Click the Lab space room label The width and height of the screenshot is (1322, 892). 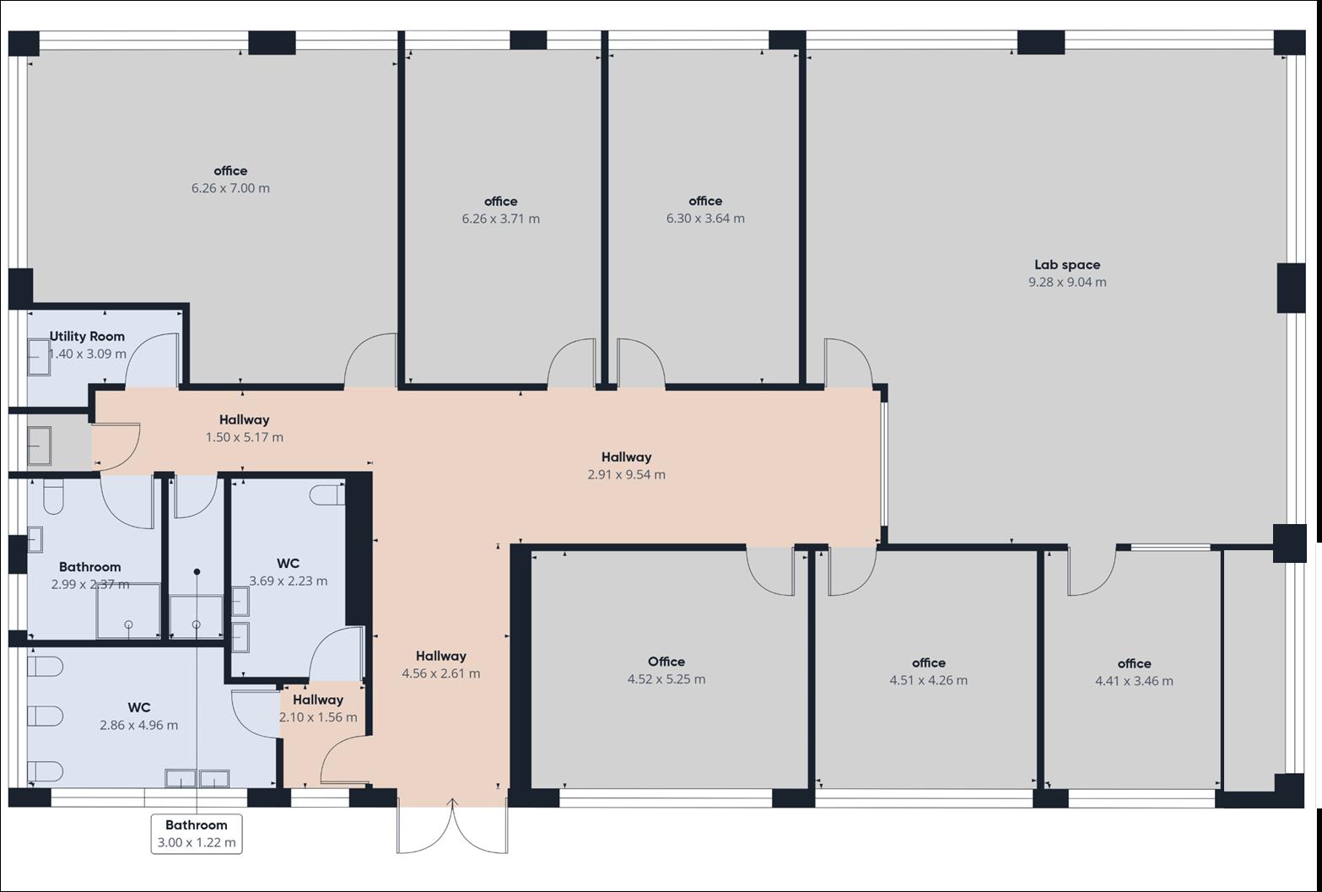[1067, 265]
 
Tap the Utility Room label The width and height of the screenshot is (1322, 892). [88, 337]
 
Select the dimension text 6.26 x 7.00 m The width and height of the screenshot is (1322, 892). [231, 188]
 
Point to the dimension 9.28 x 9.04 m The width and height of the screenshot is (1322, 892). [1067, 282]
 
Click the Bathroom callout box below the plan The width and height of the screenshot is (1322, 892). [197, 834]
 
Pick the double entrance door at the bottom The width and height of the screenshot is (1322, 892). [452, 825]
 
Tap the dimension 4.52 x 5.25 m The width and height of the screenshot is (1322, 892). [666, 678]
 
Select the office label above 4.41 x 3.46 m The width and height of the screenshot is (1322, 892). [1134, 663]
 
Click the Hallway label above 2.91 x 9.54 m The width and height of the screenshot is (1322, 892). [626, 457]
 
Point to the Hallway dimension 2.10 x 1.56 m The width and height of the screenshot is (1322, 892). [318, 717]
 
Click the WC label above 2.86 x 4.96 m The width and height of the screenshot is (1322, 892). [138, 707]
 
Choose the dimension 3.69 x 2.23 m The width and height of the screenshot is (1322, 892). [288, 581]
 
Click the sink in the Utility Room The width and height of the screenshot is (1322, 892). [39, 357]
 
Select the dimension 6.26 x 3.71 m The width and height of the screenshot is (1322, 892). [500, 219]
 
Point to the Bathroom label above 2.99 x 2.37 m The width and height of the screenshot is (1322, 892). [89, 567]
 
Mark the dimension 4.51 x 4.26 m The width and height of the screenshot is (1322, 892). [928, 680]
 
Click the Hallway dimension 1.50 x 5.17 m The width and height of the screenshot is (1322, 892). [245, 437]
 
